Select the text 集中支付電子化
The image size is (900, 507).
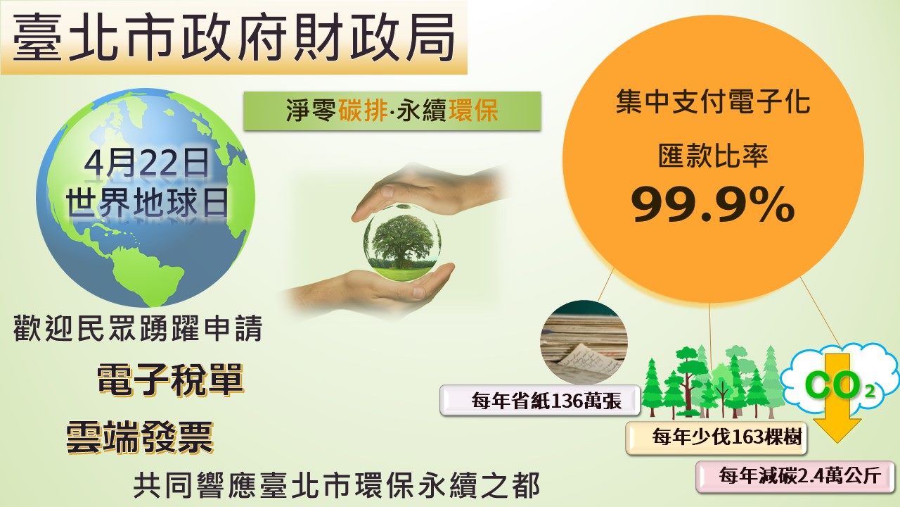[713, 102]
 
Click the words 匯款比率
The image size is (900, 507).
[713, 156]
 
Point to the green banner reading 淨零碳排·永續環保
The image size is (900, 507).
[392, 111]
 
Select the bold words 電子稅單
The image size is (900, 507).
[170, 379]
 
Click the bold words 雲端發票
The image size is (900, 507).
[139, 438]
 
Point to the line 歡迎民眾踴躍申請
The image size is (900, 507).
[139, 329]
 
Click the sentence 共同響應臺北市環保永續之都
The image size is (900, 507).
[336, 487]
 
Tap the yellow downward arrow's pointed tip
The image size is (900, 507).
[837, 443]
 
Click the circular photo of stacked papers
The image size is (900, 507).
[584, 343]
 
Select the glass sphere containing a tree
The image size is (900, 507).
[402, 242]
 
